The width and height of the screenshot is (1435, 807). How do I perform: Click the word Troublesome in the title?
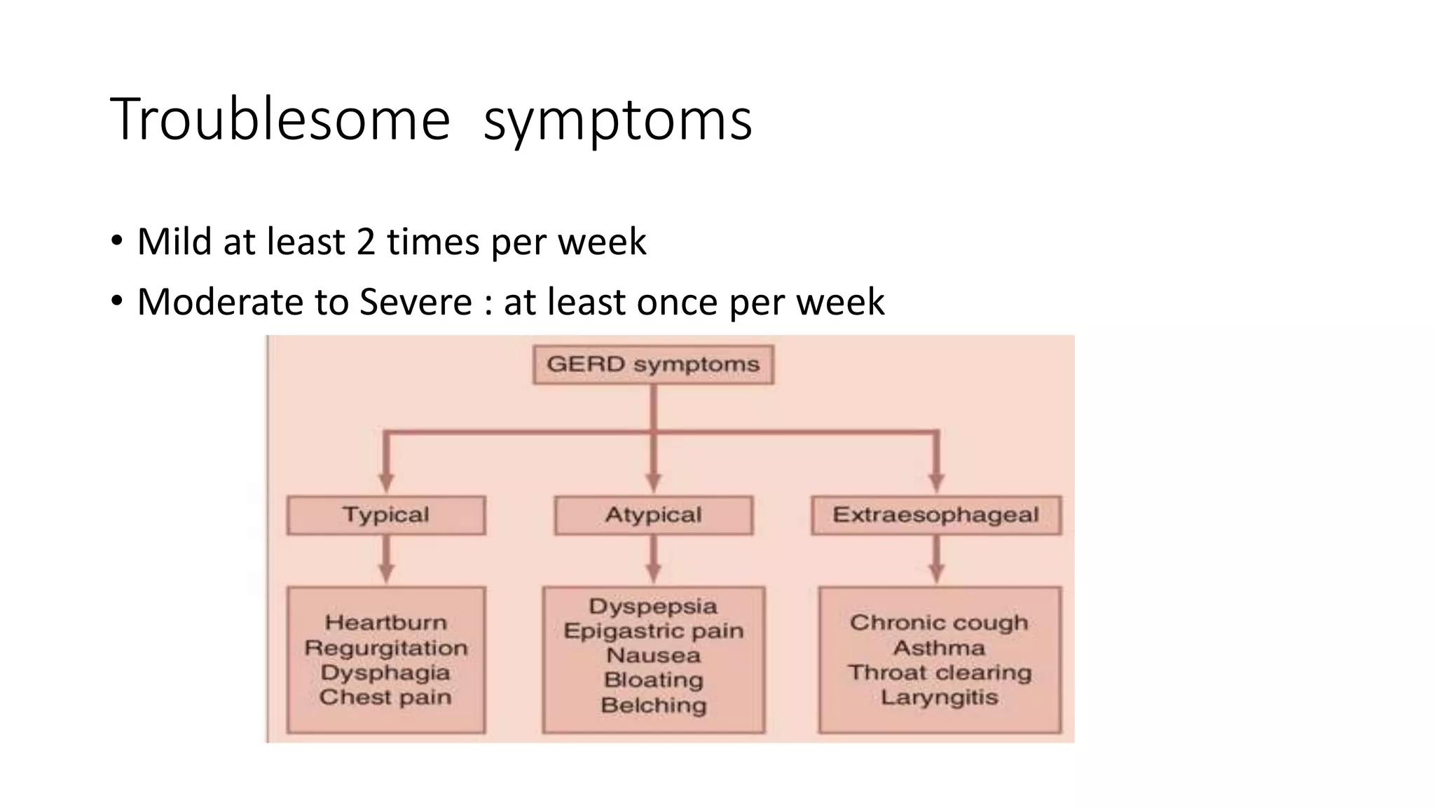coord(280,120)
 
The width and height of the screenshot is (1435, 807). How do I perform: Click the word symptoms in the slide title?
coord(617,121)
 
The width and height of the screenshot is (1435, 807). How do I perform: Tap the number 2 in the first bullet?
coord(366,242)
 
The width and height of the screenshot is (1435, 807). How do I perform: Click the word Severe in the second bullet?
coord(416,302)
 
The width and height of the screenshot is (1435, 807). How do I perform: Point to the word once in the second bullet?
coord(678,302)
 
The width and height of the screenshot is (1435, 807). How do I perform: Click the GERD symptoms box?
coord(653,364)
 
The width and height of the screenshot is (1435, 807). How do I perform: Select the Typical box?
coord(385,515)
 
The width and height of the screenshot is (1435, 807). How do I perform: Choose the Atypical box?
coord(653,515)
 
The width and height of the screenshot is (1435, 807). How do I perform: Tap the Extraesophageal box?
coord(935,515)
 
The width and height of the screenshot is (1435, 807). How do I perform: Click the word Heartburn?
coord(385,622)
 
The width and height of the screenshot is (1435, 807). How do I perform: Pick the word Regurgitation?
coord(385,647)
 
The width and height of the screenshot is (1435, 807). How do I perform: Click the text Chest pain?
coord(385,697)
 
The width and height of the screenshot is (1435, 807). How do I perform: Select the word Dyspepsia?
coord(653,606)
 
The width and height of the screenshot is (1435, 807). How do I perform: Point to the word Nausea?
coord(653,656)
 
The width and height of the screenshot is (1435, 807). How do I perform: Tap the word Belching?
coord(653,705)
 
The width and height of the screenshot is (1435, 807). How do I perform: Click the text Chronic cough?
coord(939,622)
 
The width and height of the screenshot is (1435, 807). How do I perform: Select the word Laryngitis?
coord(939,697)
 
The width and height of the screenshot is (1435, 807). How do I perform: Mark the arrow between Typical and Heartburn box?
coord(386,560)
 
